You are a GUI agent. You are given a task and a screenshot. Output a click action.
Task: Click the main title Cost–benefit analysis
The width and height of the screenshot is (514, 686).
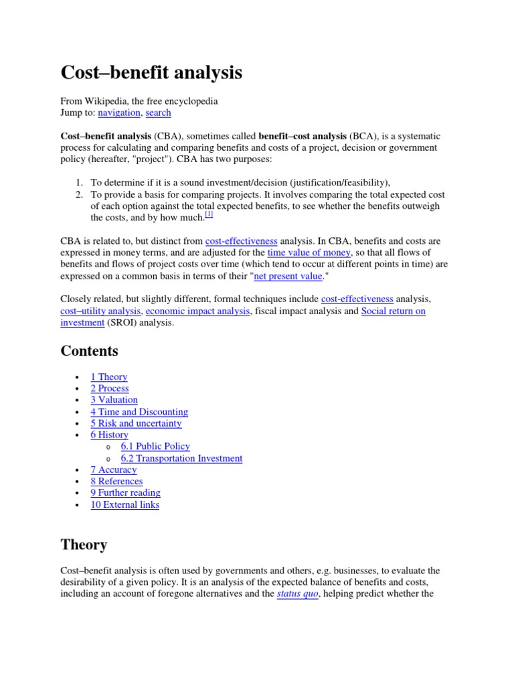pyautogui.click(x=151, y=73)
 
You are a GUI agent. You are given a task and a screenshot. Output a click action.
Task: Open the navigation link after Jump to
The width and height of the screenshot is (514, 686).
pyautogui.click(x=119, y=113)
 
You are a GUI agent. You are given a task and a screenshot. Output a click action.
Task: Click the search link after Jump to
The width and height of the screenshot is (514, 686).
pyautogui.click(x=159, y=113)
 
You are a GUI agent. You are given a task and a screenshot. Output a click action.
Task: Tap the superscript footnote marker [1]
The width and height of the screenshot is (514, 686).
pyautogui.click(x=209, y=214)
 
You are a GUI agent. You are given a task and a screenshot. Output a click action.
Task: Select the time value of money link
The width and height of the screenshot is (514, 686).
pyautogui.click(x=309, y=253)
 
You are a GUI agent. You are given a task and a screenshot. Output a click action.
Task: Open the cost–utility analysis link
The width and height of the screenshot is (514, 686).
pyautogui.click(x=100, y=311)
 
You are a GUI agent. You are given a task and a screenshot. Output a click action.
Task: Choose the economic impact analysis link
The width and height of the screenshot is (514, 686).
pyautogui.click(x=197, y=311)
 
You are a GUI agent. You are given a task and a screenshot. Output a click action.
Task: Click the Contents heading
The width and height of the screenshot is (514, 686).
pyautogui.click(x=89, y=351)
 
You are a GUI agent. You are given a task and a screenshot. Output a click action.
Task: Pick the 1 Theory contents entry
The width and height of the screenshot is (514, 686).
pyautogui.click(x=109, y=377)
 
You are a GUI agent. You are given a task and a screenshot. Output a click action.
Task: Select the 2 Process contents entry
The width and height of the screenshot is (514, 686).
pyautogui.click(x=110, y=389)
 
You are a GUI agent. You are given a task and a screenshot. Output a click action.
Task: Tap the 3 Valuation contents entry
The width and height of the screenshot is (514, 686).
pyautogui.click(x=114, y=400)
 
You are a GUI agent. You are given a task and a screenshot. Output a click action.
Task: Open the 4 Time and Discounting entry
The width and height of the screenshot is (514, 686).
pyautogui.click(x=139, y=412)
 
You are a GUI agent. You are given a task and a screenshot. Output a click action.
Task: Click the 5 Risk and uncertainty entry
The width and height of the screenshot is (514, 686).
pyautogui.click(x=136, y=423)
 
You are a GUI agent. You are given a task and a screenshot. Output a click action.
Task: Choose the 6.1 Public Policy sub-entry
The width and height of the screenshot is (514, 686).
pyautogui.click(x=155, y=446)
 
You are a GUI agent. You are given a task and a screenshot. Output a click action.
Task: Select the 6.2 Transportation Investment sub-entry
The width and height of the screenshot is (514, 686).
pyautogui.click(x=181, y=458)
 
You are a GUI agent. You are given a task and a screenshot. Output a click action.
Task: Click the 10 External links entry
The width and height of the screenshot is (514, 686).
pyautogui.click(x=125, y=504)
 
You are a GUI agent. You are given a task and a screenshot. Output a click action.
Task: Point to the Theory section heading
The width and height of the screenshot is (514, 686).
pyautogui.click(x=84, y=545)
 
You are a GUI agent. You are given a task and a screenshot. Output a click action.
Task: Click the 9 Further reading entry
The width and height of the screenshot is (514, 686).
pyautogui.click(x=125, y=493)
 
